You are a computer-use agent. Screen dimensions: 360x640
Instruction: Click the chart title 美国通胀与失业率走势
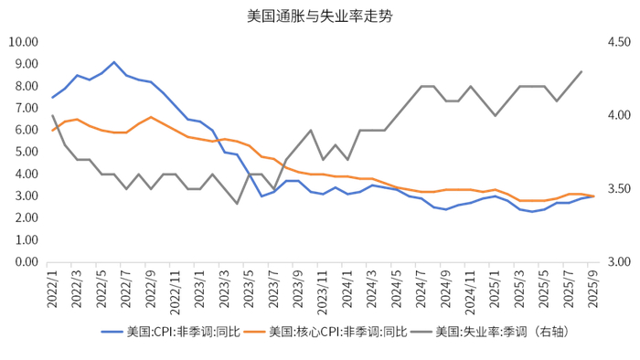click(x=320, y=16)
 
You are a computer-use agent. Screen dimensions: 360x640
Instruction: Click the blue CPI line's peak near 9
click(x=114, y=62)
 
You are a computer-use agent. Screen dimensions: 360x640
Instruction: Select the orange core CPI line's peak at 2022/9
click(x=151, y=117)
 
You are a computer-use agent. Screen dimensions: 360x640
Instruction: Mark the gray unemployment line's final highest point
click(x=581, y=71)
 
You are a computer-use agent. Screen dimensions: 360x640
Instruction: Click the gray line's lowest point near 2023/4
click(x=238, y=203)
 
